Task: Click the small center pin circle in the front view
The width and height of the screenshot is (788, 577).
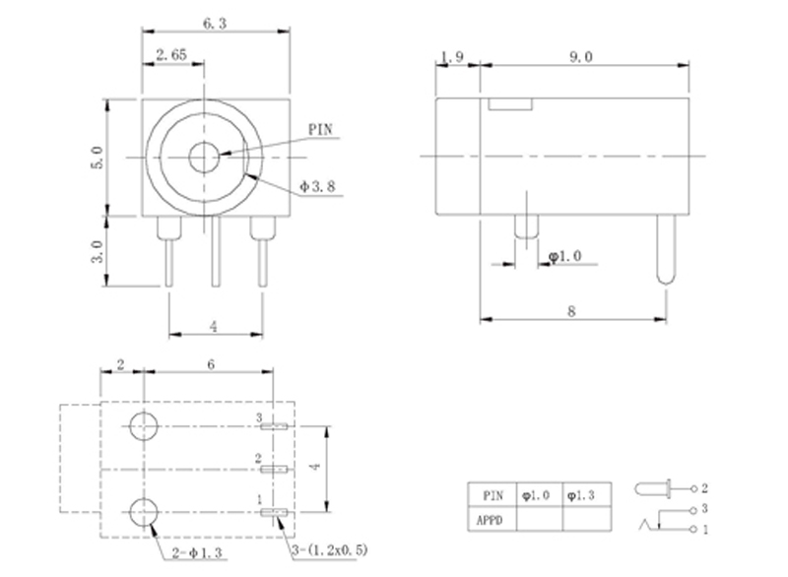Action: pos(205,157)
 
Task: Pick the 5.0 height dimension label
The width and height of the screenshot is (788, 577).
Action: pos(97,157)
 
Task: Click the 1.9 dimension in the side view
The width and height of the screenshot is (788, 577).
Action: pos(454,56)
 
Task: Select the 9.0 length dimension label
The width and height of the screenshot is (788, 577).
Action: pos(580,56)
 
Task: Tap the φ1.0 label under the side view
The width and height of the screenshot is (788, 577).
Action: pos(565,256)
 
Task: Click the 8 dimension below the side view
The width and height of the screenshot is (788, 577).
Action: pos(571,311)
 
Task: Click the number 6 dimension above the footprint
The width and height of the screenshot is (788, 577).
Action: pos(210,363)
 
